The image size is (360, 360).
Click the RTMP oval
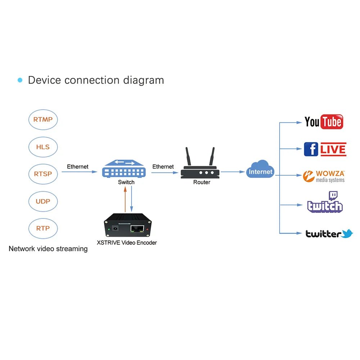point(43,120)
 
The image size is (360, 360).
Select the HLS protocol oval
point(43,147)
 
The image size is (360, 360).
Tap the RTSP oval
point(43,174)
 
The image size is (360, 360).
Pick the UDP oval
point(43,201)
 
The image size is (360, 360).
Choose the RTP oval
point(43,228)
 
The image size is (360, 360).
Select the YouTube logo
point(324,122)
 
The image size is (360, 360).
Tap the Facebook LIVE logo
point(325,149)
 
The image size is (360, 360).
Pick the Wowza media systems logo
point(324,176)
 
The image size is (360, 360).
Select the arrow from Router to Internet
point(233,172)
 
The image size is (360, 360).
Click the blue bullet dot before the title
point(20,80)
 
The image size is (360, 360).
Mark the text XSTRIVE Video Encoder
point(127,243)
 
